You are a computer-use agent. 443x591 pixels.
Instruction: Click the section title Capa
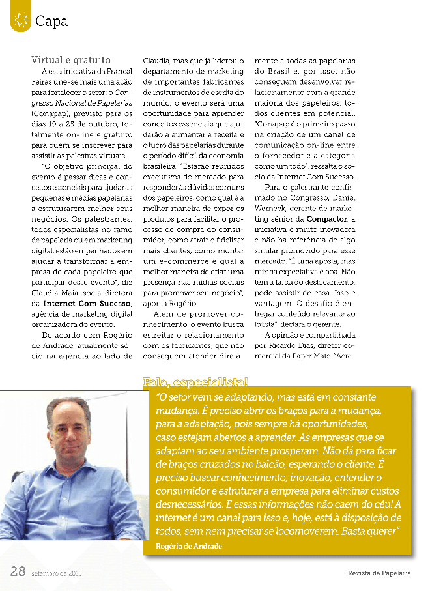[x=51, y=22]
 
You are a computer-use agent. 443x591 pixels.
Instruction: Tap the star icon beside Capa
[x=20, y=20]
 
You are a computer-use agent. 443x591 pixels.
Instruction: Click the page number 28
[x=18, y=571]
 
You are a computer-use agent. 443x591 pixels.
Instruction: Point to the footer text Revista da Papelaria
[x=379, y=573]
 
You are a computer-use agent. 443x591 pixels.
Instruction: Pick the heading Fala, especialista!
[x=195, y=382]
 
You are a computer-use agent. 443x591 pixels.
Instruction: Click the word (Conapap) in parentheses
[x=51, y=113]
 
